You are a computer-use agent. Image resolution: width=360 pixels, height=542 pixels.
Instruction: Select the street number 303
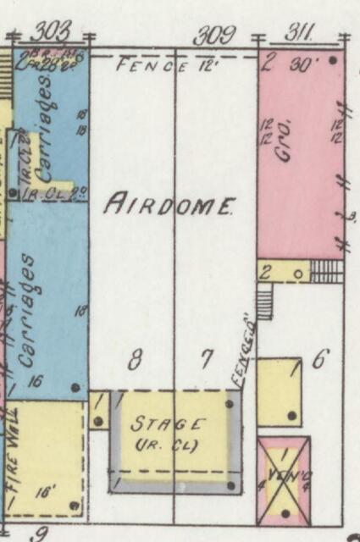point(49,33)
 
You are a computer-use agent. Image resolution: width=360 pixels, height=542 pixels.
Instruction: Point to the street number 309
point(213,36)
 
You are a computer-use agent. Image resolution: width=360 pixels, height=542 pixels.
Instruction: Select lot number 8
point(135,362)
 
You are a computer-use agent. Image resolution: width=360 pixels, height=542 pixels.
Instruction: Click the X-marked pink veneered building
point(283,480)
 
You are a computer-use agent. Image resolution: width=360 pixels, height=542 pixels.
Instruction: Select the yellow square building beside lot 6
point(279,392)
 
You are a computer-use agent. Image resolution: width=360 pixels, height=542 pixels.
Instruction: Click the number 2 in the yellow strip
point(265,273)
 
